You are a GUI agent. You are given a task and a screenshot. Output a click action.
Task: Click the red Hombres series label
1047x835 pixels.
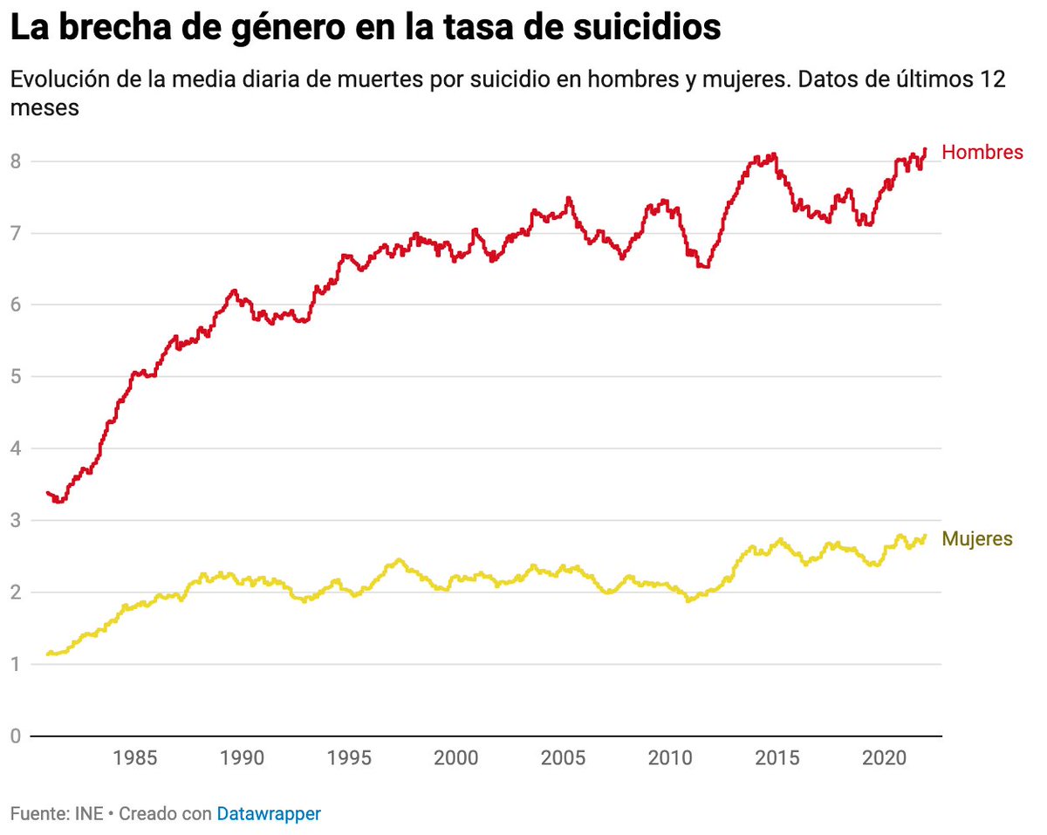pyautogui.click(x=982, y=153)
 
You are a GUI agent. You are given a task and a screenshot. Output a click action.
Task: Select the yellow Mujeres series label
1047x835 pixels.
pyautogui.click(x=977, y=539)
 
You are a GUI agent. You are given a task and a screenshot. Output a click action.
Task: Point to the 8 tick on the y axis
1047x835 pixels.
pyautogui.click(x=16, y=161)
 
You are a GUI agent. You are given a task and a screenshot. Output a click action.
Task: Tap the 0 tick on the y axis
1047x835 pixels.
pyautogui.click(x=16, y=736)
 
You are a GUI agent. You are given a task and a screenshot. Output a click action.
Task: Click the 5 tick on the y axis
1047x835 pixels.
pyautogui.click(x=16, y=377)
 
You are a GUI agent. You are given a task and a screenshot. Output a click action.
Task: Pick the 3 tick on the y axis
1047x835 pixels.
pyautogui.click(x=16, y=521)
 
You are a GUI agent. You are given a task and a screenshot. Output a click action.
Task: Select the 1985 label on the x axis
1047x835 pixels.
pyautogui.click(x=135, y=757)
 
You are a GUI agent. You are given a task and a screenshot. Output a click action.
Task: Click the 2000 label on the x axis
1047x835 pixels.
pyautogui.click(x=456, y=757)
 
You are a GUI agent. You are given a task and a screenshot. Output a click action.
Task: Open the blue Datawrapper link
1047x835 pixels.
pyautogui.click(x=269, y=814)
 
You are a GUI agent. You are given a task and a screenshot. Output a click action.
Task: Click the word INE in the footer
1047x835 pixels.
pyautogui.click(x=87, y=814)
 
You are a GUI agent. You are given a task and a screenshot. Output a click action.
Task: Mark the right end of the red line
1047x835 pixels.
pyautogui.click(x=925, y=149)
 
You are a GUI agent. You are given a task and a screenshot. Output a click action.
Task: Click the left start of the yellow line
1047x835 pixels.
pyautogui.click(x=48, y=654)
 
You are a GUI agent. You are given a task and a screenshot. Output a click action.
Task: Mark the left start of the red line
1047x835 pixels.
pyautogui.click(x=48, y=493)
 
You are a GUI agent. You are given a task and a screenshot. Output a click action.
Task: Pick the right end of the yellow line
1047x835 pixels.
pyautogui.click(x=925, y=536)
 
